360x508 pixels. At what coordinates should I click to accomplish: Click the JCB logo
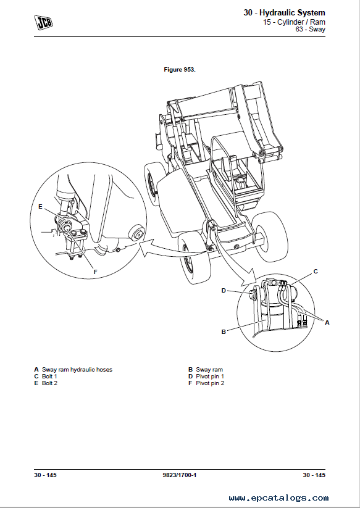[43, 23]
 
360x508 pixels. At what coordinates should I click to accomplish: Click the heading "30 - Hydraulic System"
[284, 13]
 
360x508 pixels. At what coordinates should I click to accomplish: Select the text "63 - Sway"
[310, 29]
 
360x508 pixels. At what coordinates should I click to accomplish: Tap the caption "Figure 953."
[180, 70]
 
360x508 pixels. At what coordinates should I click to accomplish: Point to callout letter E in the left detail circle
[40, 206]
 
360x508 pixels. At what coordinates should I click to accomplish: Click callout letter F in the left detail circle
[95, 272]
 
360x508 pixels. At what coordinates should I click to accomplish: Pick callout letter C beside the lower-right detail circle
[316, 271]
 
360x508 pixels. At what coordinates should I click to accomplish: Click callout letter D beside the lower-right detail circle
[224, 291]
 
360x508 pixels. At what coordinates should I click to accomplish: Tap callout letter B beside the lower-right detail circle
[224, 331]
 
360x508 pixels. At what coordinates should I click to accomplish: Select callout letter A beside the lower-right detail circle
[327, 322]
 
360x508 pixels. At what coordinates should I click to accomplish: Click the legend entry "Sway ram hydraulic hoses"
[77, 370]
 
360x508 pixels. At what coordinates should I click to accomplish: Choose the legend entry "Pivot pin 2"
[210, 383]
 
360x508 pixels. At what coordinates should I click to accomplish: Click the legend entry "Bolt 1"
[49, 377]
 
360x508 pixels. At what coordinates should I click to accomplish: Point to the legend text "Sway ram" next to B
[209, 370]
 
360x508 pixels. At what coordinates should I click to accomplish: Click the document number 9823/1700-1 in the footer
[180, 475]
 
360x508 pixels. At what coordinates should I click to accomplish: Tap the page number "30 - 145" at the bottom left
[45, 475]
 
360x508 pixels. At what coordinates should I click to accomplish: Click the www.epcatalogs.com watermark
[278, 498]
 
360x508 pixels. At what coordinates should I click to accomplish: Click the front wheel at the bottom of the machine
[194, 257]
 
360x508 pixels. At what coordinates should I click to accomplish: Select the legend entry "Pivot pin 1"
[210, 377]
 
